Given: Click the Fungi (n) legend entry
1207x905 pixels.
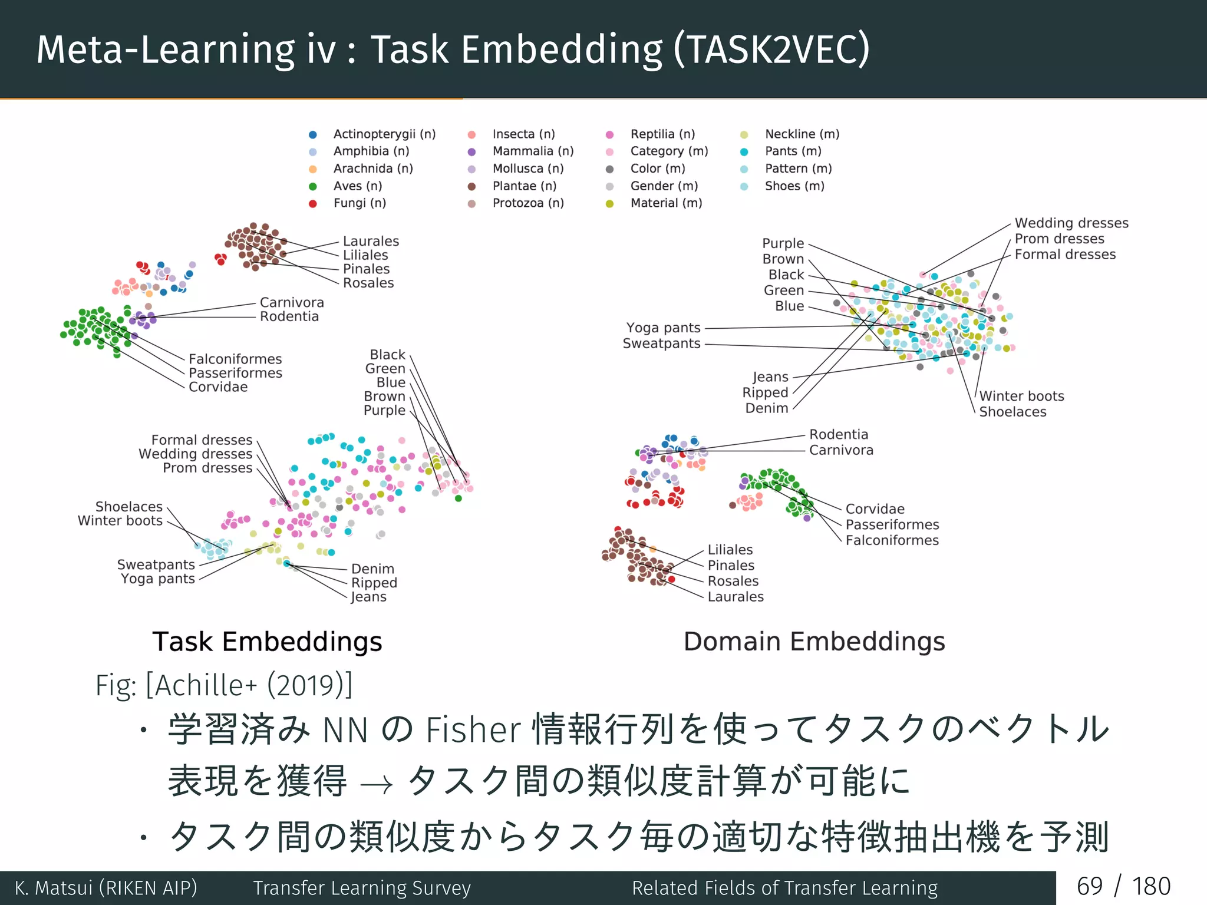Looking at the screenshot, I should click(x=360, y=203).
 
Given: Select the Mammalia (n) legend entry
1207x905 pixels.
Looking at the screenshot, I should click(x=533, y=151).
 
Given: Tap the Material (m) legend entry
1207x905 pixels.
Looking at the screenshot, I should click(x=666, y=203).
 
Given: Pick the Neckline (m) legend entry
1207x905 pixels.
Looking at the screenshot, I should click(x=802, y=134).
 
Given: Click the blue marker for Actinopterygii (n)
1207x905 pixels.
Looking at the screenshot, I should click(x=313, y=135).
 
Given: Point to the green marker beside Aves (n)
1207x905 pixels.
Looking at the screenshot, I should click(x=313, y=187).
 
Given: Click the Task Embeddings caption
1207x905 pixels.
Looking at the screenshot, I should click(x=267, y=642).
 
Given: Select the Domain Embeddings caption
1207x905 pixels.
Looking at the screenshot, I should click(x=814, y=642).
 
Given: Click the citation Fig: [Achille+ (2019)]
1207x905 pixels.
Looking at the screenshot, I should click(x=224, y=685).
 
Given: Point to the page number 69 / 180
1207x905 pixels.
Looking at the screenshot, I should click(x=1123, y=887).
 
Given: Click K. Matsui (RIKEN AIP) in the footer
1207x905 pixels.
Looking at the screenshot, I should click(x=106, y=888).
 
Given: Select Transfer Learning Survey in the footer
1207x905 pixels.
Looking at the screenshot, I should click(x=362, y=888).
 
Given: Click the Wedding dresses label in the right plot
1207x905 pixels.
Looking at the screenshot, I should click(x=1071, y=223).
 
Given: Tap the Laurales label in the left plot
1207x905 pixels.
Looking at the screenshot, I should click(x=371, y=242).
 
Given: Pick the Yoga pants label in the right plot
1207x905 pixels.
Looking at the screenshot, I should click(x=663, y=328).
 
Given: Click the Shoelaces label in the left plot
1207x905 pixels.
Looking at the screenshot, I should click(x=128, y=507).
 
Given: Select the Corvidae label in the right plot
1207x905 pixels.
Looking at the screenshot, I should click(x=875, y=509).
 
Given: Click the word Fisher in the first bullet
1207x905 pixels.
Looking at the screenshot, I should click(x=473, y=730).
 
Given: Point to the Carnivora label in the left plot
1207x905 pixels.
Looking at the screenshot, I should click(x=292, y=303).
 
